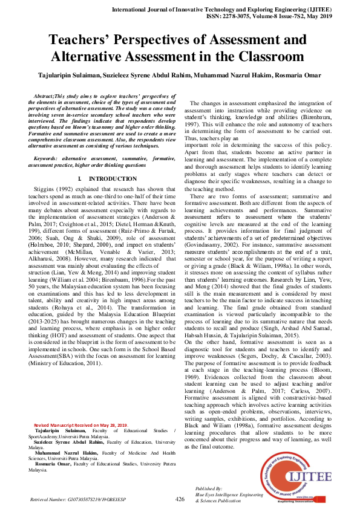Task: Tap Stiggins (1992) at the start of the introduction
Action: pos(56,189)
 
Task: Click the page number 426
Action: pos(180,499)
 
